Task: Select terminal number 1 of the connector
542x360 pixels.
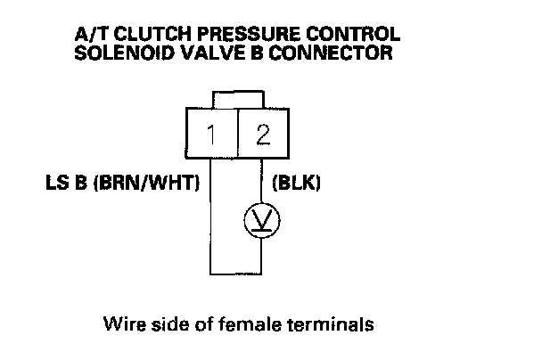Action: [210, 135]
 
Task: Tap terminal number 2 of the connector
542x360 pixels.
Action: [263, 135]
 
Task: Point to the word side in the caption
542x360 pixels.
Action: [164, 322]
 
